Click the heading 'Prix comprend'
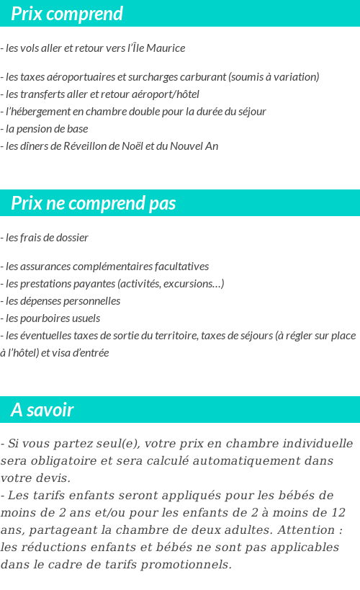pos(67,14)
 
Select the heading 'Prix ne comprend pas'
pos(93,203)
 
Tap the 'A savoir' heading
pos(42,410)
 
